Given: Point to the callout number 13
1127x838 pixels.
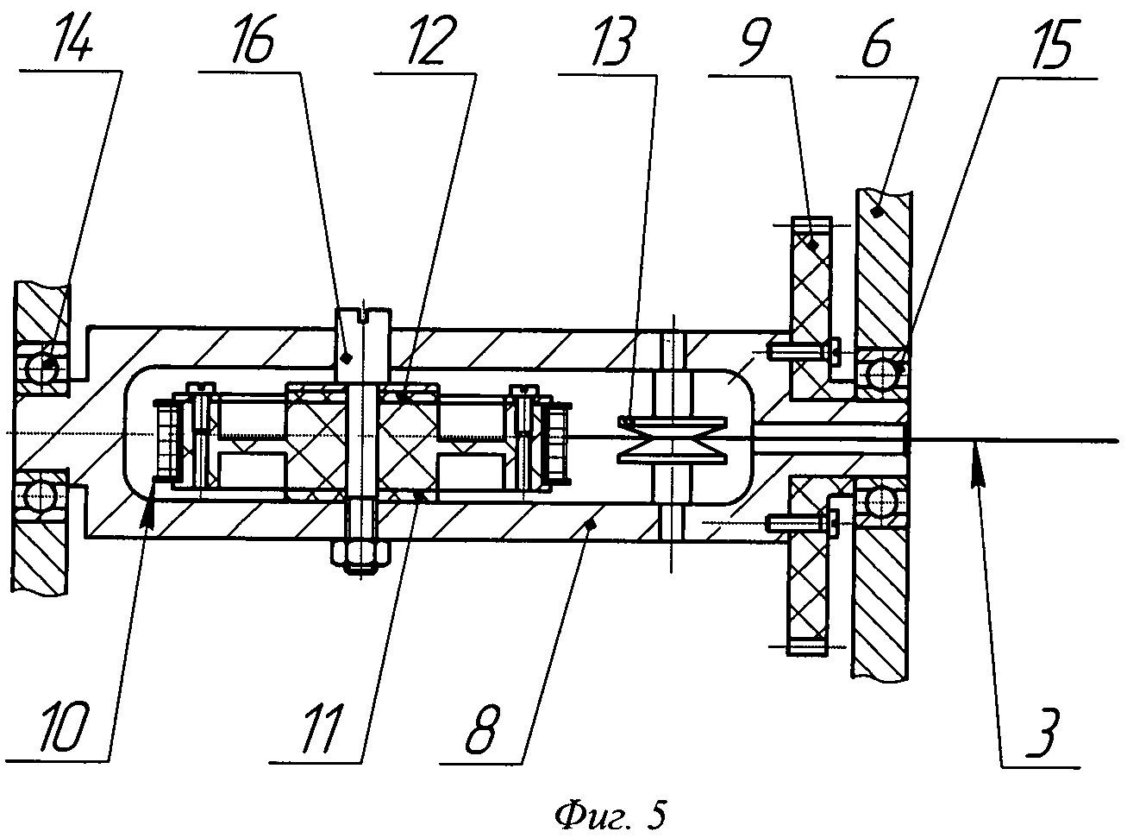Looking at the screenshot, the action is pos(611,41).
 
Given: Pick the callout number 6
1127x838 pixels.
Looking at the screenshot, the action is pos(877,42).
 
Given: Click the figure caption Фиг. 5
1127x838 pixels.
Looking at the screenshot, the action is pos(610,815).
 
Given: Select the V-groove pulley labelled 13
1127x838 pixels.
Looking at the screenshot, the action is pos(673,440).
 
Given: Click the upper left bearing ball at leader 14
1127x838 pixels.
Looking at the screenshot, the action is pos(41,369).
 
